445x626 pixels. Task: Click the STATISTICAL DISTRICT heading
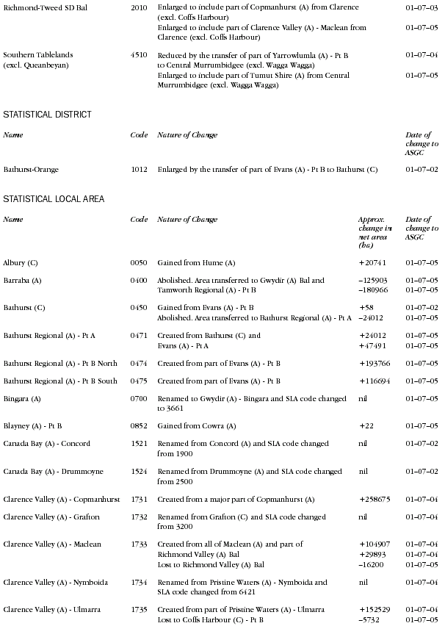[x=47, y=115]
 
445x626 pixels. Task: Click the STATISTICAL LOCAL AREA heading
[x=54, y=199]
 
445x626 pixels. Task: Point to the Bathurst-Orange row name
[x=31, y=170]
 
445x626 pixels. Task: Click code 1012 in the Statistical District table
[x=138, y=170]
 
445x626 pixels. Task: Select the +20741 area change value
[x=372, y=262]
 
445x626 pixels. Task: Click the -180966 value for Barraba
[x=374, y=291]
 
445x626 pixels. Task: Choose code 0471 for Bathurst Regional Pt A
[x=138, y=335]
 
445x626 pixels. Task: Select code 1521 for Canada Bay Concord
[x=138, y=444]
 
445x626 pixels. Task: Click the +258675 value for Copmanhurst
[x=375, y=500]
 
